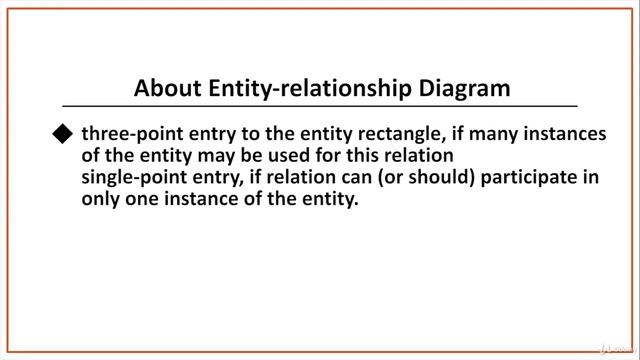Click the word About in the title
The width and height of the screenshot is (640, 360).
pos(167,87)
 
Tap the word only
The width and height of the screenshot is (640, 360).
pos(101,199)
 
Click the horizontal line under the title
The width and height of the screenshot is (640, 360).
pos(320,106)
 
